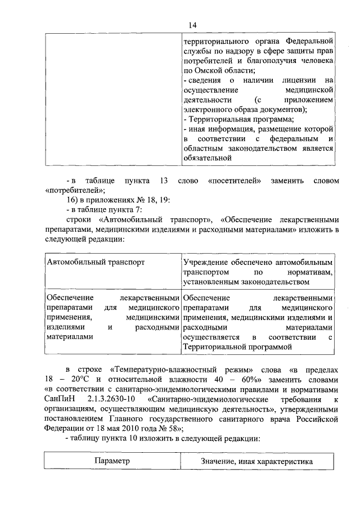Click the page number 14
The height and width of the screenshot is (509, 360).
(x=192, y=25)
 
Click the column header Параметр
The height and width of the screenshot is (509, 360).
(x=111, y=461)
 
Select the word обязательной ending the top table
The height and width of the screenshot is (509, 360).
(x=208, y=158)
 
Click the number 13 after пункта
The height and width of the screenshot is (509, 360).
(x=164, y=180)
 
